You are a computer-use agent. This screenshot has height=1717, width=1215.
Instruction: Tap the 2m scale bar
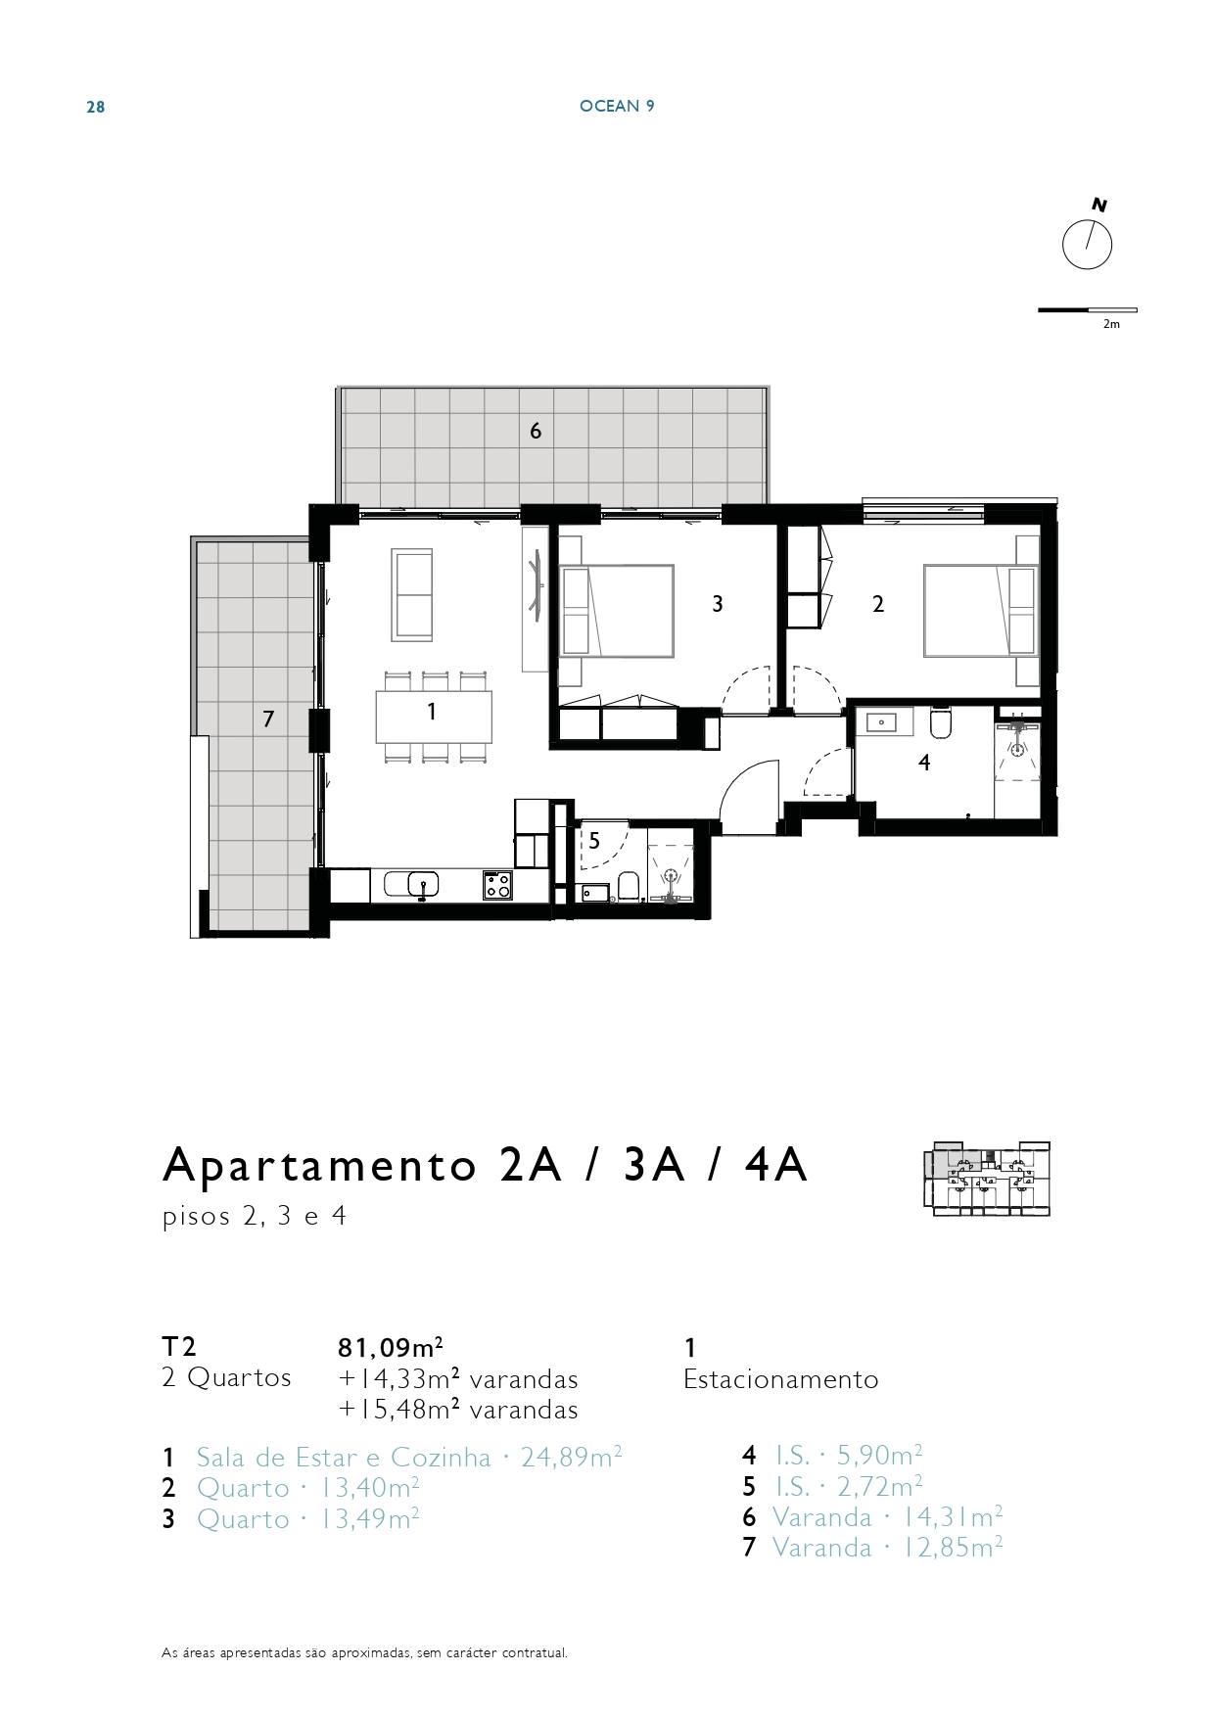1088,310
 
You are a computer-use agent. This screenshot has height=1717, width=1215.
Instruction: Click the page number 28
96,107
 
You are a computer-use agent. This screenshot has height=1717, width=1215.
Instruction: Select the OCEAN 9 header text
617,106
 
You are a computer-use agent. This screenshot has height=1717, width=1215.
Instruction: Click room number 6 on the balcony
536,431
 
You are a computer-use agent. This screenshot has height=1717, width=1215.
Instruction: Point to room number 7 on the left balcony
268,719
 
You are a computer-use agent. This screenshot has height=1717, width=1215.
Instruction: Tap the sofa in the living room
412,595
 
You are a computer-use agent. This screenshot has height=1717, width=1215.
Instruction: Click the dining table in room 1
434,717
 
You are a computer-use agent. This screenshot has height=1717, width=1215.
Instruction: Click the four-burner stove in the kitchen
497,885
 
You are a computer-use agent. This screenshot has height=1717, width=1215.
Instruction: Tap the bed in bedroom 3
616,611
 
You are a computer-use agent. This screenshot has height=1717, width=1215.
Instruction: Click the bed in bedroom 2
981,611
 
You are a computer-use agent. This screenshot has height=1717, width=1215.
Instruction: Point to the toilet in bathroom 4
941,722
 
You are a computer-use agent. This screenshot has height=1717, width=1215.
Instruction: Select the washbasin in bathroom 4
882,722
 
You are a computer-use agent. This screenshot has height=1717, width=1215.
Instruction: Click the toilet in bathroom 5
629,887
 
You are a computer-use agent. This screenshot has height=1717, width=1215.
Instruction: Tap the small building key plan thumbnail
986,1179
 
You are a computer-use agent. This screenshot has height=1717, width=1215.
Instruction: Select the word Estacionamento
781,1379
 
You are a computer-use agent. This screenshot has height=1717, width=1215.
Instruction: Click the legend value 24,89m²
572,1458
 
